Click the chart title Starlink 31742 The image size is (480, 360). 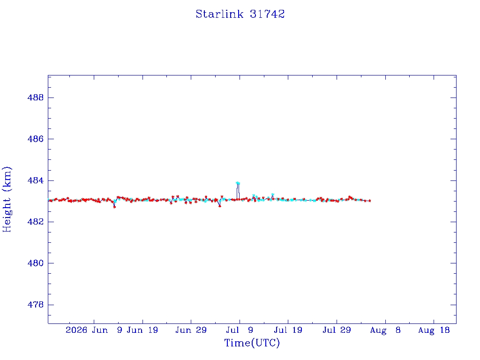[x=240, y=14]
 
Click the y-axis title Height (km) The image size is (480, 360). [x=7, y=199]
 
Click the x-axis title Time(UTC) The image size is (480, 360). [x=252, y=343]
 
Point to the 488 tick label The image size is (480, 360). [x=36, y=97]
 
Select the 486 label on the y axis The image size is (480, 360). [x=36, y=139]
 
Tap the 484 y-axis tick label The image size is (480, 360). [x=36, y=180]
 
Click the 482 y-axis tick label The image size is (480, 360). [x=36, y=222]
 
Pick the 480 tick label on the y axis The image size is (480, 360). [x=36, y=263]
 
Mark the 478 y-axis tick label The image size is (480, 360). [x=36, y=305]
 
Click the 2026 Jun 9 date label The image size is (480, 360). [x=94, y=330]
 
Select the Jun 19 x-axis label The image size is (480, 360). [x=142, y=330]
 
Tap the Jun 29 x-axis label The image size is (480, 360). [x=191, y=330]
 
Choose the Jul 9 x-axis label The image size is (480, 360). [x=240, y=330]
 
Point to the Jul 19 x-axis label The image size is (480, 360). [x=288, y=330]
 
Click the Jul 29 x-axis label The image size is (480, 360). [x=337, y=330]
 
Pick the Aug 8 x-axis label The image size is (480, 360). [x=385, y=330]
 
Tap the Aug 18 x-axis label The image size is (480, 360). [x=434, y=330]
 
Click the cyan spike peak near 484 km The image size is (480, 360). [x=238, y=183]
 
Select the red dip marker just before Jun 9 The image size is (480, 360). [x=114, y=207]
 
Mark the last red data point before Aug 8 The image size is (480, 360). [x=370, y=201]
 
